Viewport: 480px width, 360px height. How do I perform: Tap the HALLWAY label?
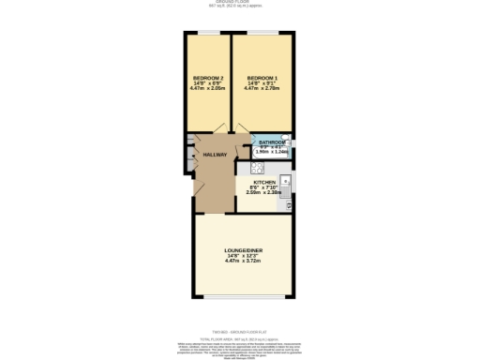click(215, 155)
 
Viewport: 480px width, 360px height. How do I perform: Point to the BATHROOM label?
click(272, 142)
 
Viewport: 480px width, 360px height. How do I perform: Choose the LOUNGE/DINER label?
click(243, 250)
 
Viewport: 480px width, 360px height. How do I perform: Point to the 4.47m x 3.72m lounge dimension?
click(243, 262)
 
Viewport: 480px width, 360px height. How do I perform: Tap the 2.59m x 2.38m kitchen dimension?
click(264, 192)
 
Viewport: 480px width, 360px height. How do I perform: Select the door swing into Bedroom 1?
click(241, 132)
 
